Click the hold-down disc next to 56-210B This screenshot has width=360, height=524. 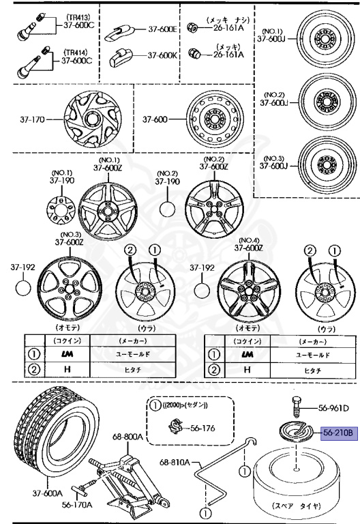[295, 434]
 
